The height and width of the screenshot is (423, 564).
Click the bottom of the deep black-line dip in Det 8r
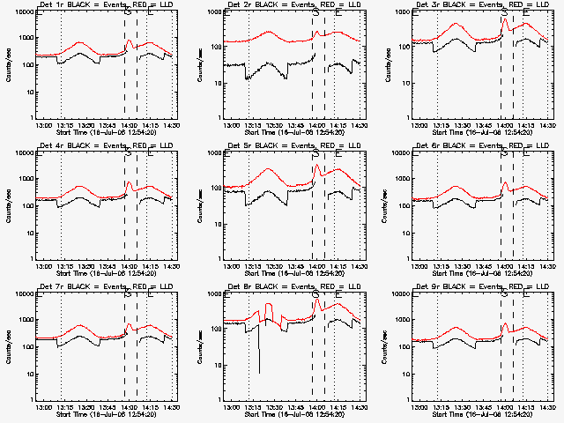(259, 372)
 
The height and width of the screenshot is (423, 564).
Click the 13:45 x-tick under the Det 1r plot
(107, 124)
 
